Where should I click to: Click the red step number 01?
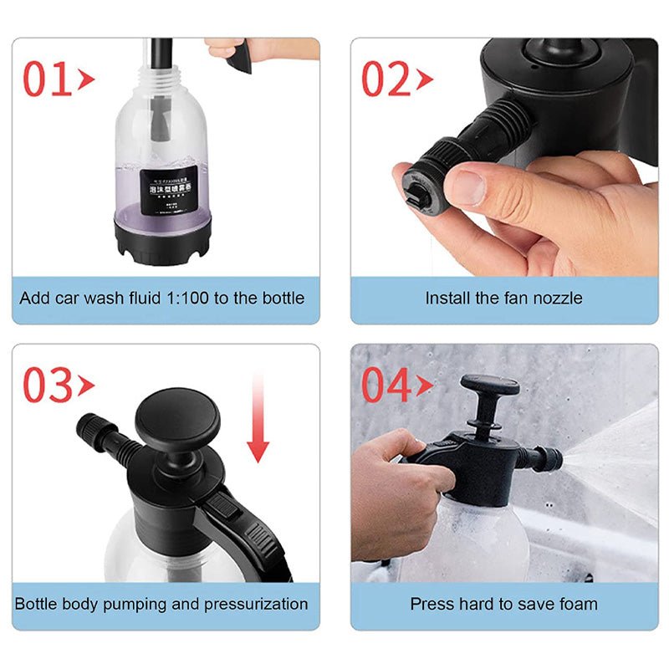tap(48, 79)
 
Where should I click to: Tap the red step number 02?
tap(386, 79)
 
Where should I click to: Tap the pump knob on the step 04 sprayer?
tap(489, 386)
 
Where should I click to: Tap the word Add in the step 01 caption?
tap(35, 298)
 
